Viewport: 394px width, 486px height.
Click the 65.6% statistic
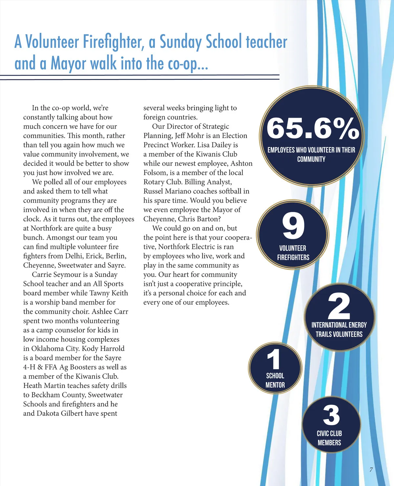tap(313, 128)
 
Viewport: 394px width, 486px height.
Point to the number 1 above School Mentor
tap(274, 359)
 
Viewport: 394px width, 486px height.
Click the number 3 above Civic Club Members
tap(331, 415)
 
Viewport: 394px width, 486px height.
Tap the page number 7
tap(371, 470)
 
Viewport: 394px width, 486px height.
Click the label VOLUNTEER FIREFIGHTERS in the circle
tap(293, 253)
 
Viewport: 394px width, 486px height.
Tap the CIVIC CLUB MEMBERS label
tap(329, 438)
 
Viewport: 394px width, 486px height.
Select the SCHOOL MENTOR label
tap(275, 380)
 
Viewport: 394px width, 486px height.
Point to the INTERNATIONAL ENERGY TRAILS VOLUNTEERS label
tap(339, 330)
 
